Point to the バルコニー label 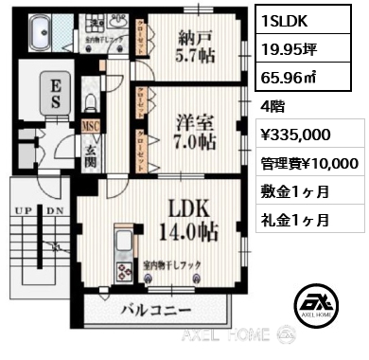pos(156,310)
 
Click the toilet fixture pos(90,99)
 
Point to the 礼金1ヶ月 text pos(294,220)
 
